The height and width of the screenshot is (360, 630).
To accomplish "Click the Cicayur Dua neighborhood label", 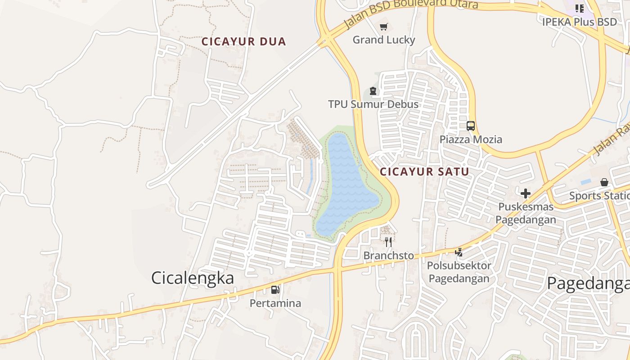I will point(243,42).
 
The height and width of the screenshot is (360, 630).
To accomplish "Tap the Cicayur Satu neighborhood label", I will point(424,171).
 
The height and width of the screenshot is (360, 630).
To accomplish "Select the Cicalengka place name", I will point(193,278).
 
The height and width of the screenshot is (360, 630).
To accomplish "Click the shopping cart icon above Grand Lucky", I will point(383,27).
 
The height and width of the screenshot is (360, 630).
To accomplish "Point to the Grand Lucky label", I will point(383,40).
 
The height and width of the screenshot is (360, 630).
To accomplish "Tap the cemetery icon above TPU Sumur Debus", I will point(373,91).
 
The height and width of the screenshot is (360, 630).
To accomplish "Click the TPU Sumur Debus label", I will point(373,104).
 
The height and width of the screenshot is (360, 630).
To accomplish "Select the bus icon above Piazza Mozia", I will point(471,126).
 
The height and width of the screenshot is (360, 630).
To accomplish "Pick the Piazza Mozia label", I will point(471,139).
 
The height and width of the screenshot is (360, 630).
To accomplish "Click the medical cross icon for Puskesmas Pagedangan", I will point(525,194).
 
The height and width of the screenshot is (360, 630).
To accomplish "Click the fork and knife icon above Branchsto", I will point(388,242).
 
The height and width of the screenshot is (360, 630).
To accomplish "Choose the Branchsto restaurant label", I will point(388,256).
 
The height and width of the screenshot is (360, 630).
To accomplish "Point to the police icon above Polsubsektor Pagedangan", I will point(459,252).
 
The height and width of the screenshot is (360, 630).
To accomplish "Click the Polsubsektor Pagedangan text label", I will point(459,272).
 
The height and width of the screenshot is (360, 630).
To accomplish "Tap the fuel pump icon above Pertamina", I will point(275,290).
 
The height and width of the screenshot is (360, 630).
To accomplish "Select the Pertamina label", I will point(275,303).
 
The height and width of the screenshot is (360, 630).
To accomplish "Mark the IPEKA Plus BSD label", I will point(579,22).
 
